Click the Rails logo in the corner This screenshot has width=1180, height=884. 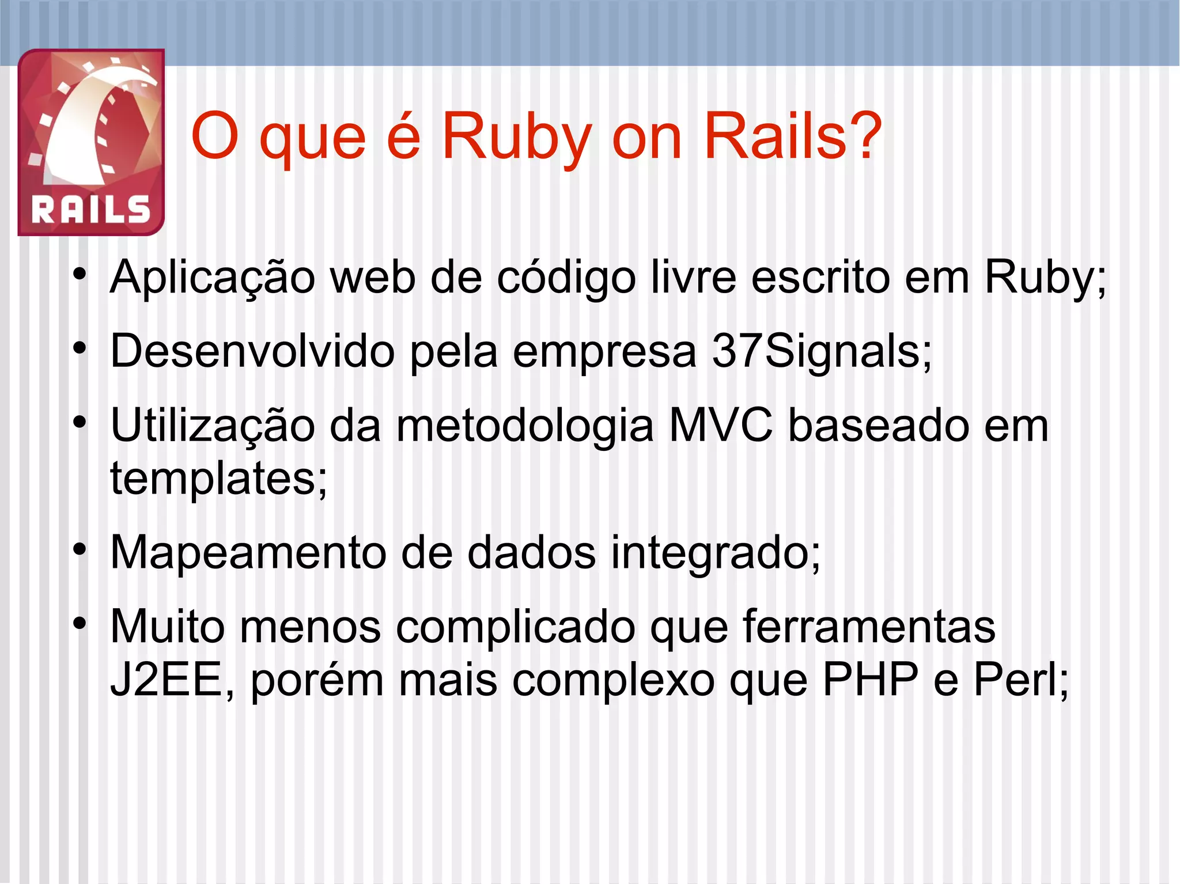pos(91,142)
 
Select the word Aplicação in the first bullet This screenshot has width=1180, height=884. pos(213,277)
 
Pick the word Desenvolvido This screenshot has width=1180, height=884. pos(252,351)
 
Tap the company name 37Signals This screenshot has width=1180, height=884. pos(821,352)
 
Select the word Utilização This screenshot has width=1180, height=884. pos(213,426)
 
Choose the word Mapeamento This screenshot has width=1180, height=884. pos(248,552)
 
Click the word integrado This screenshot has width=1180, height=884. pos(714,553)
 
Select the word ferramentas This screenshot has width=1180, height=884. pos(869,626)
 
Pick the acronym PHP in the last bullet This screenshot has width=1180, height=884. pos(871,680)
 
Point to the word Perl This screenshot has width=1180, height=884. pos(1020,680)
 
